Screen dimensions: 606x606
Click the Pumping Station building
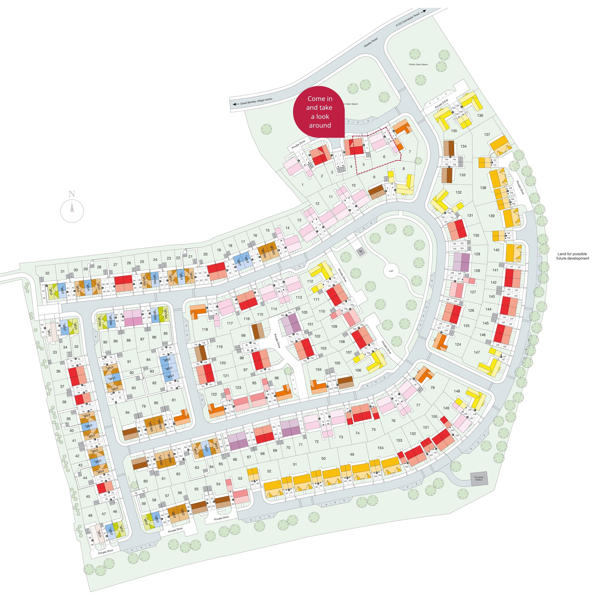point(478,479)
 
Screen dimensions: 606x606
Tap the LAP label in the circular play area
point(391,271)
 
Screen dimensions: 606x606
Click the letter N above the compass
point(72,194)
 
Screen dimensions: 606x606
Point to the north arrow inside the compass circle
point(72,208)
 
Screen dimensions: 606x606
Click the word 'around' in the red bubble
point(320,126)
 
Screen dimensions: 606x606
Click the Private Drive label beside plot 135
point(441,104)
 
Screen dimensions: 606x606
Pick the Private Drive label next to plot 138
point(520,187)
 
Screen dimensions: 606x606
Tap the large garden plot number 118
point(205,329)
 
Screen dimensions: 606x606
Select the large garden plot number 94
point(127,412)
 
